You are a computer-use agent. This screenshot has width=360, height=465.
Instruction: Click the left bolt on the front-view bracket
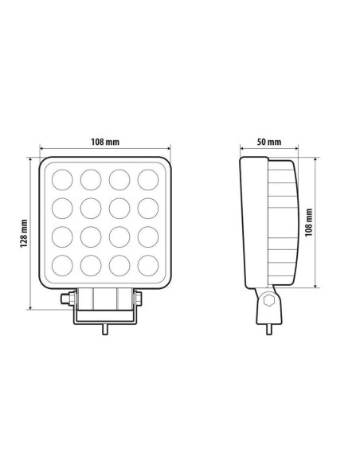pyautogui.click(x=66, y=299)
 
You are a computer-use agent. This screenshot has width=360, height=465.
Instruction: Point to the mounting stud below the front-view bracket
pyautogui.click(x=105, y=329)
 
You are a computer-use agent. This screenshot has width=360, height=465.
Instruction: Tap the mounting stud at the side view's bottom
pyautogui.click(x=270, y=327)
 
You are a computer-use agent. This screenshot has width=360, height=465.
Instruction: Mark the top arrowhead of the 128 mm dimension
pyautogui.click(x=31, y=158)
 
